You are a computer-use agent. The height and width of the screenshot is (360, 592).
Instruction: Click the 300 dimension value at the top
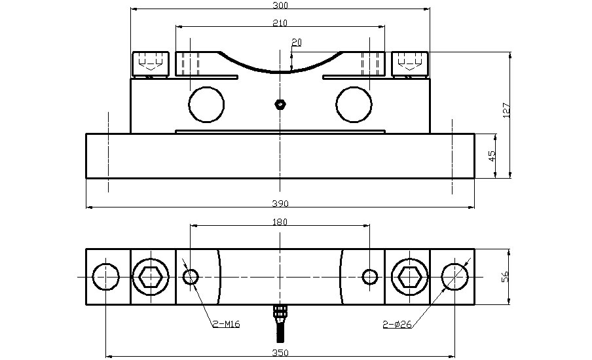pos(280,5)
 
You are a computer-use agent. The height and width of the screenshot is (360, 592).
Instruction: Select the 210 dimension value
pos(280,23)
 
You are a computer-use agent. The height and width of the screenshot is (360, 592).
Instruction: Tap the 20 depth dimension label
pos(297,43)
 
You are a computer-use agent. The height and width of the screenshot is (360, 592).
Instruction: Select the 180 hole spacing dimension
pos(280,222)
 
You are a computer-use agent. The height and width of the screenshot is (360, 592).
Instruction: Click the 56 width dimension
pos(506,278)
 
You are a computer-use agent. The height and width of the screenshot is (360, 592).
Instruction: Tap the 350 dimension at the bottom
pos(280,353)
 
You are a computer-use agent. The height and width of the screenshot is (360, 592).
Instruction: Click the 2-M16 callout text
pos(226,324)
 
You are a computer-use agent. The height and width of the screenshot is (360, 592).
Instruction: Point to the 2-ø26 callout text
pos(398,324)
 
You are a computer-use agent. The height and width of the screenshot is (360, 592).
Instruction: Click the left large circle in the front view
pos(206,104)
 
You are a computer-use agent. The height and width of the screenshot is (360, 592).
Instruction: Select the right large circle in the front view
pos(354,104)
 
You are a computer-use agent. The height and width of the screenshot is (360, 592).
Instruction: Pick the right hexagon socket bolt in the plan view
pos(409,277)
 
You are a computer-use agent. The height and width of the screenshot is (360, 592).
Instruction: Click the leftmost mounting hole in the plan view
pos(106,277)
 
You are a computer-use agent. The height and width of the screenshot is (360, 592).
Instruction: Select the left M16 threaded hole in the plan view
pos(191,277)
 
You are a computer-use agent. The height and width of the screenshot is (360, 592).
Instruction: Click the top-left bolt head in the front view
pos(151,63)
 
